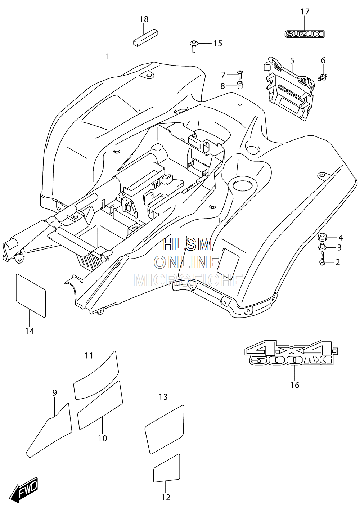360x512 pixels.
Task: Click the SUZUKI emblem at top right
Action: click(304, 34)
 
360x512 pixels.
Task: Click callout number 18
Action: click(144, 19)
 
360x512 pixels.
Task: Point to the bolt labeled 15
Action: click(194, 46)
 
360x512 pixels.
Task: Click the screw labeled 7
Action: click(240, 75)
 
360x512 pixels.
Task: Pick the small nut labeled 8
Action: click(240, 85)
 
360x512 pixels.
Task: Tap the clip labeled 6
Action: click(322, 77)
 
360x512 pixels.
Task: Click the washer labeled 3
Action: click(322, 247)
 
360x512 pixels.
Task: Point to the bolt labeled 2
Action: click(322, 259)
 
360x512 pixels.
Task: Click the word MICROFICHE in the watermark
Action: click(188, 280)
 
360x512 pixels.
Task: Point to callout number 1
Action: click(107, 57)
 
